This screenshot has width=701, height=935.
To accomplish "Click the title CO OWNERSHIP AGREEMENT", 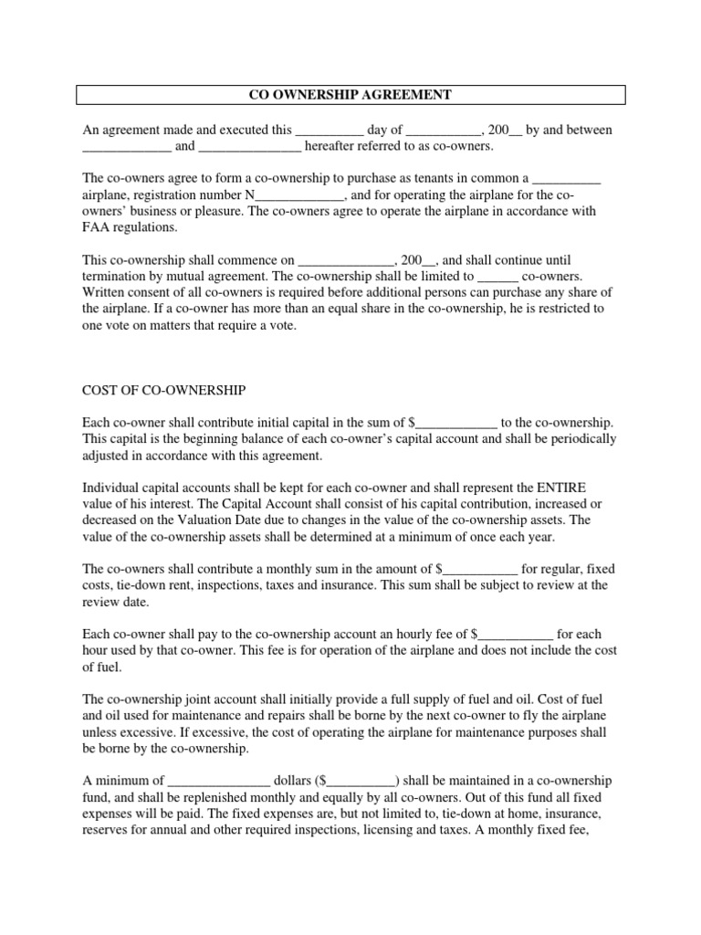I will point(350,94).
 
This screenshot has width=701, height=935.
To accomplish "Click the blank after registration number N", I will point(300,194).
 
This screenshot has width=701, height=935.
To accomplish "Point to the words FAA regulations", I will point(131,227).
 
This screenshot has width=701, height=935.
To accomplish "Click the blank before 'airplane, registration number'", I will point(566,178).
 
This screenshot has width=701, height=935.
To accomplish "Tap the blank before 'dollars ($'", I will point(219,781).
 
